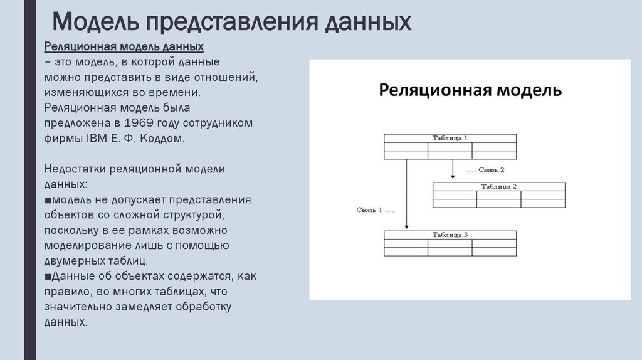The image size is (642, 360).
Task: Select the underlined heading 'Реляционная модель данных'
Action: click(x=124, y=48)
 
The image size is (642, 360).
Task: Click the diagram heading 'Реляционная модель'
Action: click(x=470, y=90)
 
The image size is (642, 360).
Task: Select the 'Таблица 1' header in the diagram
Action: click(x=450, y=138)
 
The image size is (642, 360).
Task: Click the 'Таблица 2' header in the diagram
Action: click(x=498, y=186)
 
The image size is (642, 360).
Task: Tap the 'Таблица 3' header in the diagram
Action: click(x=450, y=235)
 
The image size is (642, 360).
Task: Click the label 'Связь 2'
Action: click(x=486, y=170)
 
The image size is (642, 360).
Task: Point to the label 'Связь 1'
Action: click(x=375, y=209)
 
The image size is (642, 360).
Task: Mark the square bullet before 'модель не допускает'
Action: click(x=48, y=200)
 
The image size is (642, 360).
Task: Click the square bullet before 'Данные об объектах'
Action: click(x=48, y=277)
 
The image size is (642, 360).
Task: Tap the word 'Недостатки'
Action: click(x=75, y=169)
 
